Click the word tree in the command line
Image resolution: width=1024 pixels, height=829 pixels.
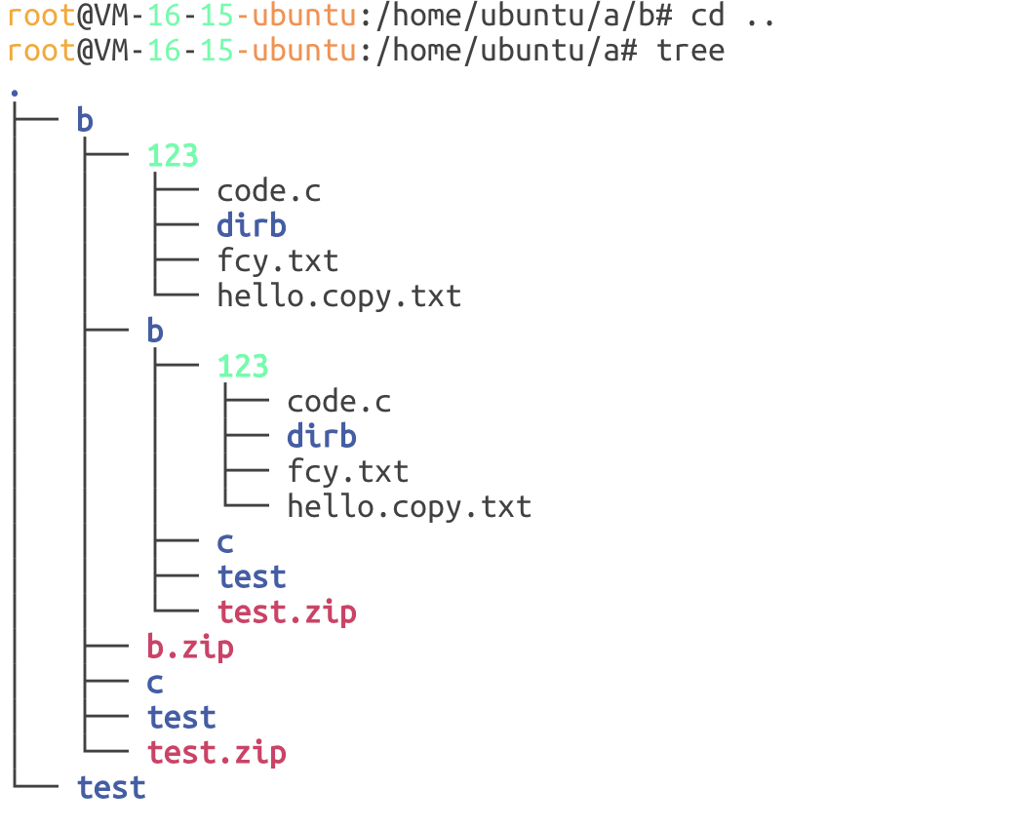[x=690, y=51]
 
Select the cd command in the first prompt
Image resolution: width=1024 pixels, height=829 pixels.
[x=707, y=16]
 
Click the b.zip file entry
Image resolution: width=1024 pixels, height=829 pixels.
[x=190, y=647]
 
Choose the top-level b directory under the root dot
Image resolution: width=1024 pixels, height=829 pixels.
[x=85, y=121]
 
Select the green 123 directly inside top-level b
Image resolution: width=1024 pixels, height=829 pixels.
[x=173, y=156]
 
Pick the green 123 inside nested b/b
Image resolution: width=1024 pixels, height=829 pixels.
[x=243, y=367]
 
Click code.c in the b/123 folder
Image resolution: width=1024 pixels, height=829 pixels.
[x=269, y=191]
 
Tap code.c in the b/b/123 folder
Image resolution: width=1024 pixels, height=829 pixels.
[x=339, y=402]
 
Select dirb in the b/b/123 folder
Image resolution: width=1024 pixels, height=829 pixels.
[x=322, y=436]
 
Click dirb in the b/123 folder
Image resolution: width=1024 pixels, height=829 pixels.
[x=252, y=225]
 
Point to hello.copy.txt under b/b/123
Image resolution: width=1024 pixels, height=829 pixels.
[x=410, y=507]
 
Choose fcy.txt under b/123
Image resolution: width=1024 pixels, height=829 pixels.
[x=278, y=261]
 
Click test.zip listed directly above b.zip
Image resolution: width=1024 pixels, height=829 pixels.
[x=287, y=612]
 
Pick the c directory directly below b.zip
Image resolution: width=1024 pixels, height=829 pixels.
[x=155, y=683]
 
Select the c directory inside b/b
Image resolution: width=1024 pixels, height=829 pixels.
[x=225, y=542]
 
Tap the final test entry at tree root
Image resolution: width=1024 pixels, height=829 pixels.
[x=111, y=788]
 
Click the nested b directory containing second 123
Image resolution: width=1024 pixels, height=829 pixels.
[x=155, y=332]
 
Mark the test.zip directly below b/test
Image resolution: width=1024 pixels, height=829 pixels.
[x=217, y=753]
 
